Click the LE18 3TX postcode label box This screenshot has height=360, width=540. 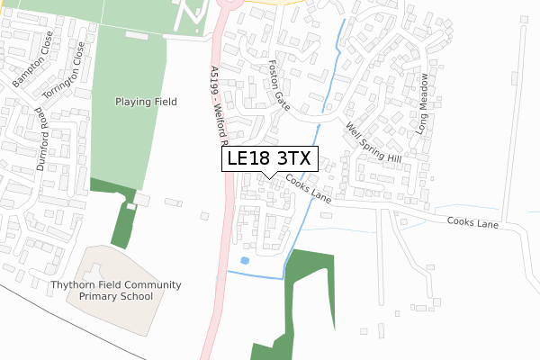click(269, 158)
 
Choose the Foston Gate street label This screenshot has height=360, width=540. click(280, 86)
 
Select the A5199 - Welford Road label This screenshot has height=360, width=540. click(220, 104)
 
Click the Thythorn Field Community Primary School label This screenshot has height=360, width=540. click(115, 290)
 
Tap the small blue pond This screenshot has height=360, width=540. click(245, 261)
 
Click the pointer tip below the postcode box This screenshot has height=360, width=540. click(269, 177)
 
